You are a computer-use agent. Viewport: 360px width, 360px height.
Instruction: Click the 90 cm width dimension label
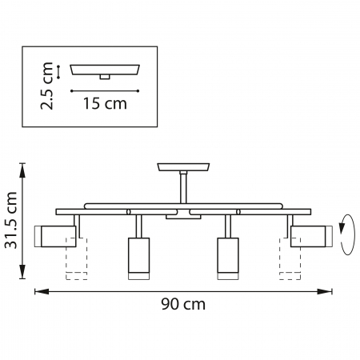183,304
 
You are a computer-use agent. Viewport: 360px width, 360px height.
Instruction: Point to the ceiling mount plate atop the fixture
184,167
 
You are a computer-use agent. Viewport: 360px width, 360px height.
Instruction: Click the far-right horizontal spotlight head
310,235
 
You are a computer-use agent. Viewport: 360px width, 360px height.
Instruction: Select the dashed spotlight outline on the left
76,259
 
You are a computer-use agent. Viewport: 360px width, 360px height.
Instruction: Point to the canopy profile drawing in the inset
105,70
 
